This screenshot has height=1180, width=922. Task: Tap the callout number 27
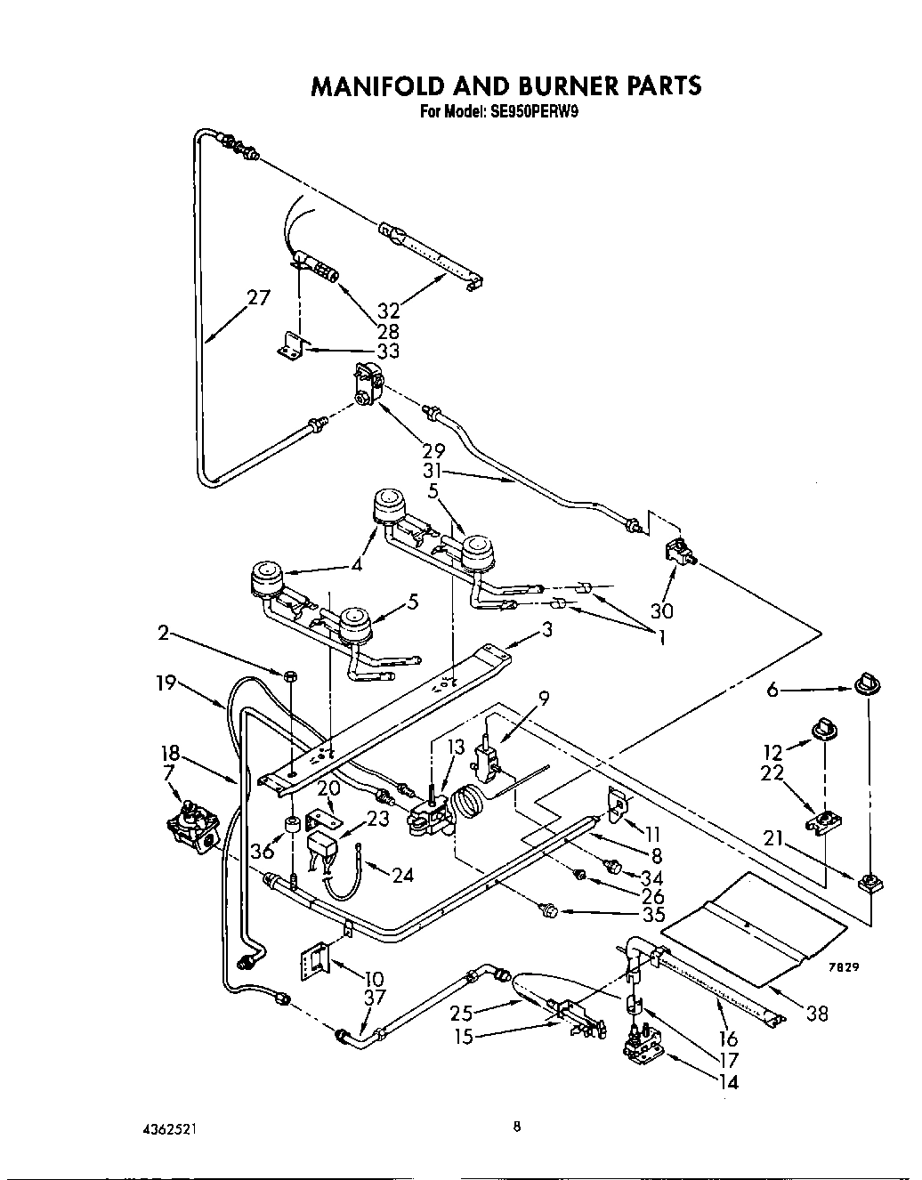click(x=258, y=297)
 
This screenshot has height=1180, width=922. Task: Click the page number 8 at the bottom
click(x=515, y=1127)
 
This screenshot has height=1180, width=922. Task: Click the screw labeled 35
click(x=546, y=909)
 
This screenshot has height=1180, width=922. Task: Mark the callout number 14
click(x=726, y=1082)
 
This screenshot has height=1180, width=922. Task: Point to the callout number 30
click(x=661, y=610)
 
